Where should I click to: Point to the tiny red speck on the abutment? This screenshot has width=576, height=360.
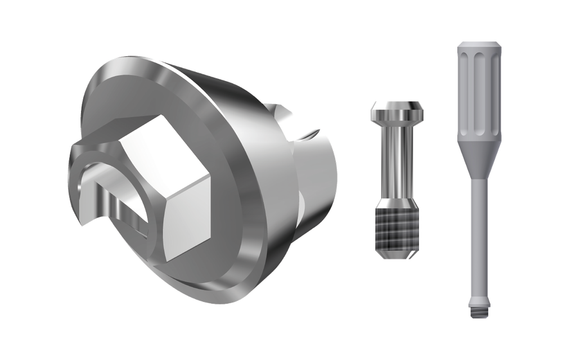coord(282,105)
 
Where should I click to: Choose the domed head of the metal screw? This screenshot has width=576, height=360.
coord(397,110)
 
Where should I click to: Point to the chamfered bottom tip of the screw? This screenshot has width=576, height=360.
coord(397,256)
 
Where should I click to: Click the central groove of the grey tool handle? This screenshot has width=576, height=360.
coord(479,90)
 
